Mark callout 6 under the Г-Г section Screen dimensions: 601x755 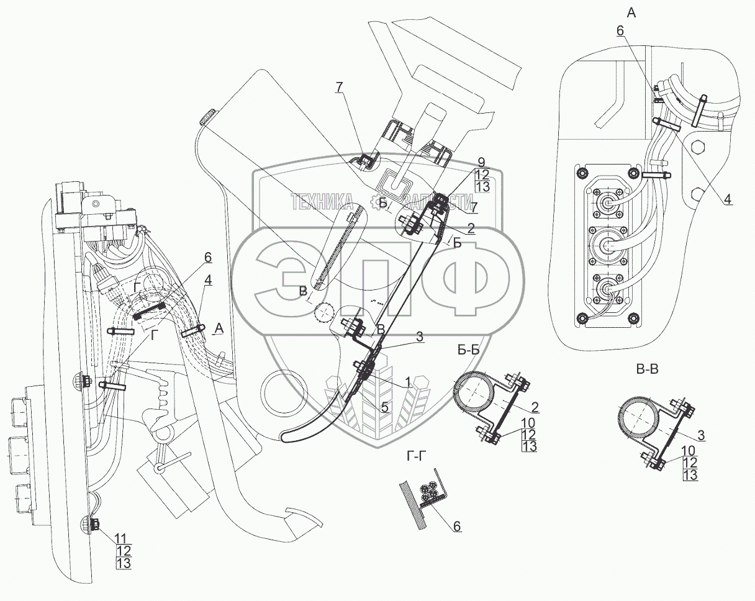point(457,526)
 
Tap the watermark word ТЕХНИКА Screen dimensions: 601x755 point(323,200)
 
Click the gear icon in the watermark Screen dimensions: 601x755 point(376,201)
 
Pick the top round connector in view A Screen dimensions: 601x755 point(606,202)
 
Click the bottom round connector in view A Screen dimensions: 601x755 point(607,286)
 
